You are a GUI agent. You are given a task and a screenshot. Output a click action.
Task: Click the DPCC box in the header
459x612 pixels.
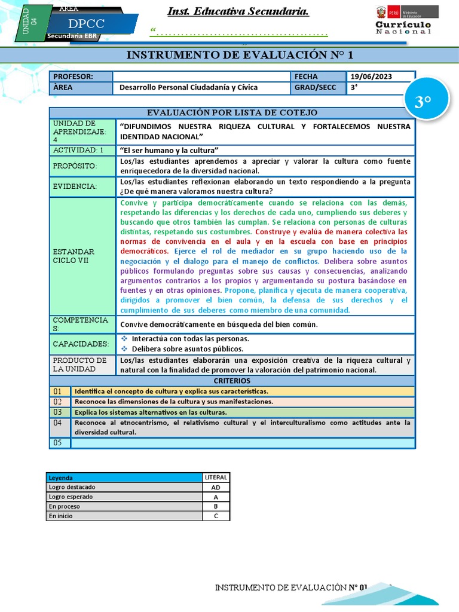86,24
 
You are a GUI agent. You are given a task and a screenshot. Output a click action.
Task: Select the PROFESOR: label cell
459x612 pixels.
81,76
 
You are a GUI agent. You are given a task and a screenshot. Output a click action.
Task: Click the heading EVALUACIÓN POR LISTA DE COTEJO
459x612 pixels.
232,113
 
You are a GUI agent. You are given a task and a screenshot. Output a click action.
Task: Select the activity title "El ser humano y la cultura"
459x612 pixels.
169,150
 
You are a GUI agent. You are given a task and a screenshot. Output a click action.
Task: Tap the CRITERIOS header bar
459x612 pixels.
232,381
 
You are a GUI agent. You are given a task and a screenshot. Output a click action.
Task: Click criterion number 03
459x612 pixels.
58,412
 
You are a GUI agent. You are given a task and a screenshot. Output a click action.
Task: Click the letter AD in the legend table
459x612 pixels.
216,487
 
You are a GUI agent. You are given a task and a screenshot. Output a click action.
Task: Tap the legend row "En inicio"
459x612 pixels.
124,516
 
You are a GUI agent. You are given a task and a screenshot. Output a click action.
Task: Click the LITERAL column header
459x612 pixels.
216,478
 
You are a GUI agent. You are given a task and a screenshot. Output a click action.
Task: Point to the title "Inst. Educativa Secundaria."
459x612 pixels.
229,12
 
